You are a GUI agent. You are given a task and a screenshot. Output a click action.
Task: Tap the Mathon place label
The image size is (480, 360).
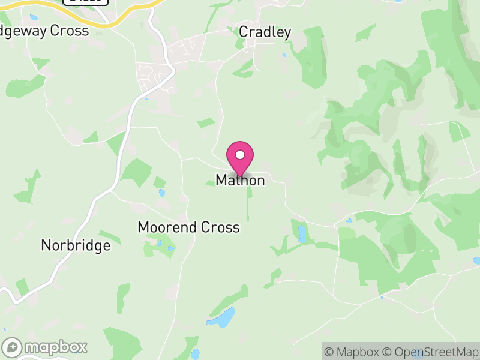(x=240, y=180)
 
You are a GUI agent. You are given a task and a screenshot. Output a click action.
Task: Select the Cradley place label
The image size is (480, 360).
(x=265, y=32)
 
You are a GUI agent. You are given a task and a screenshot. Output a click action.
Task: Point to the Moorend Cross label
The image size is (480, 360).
(x=188, y=227)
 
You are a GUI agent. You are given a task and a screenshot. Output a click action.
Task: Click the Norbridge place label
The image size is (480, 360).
(x=76, y=245)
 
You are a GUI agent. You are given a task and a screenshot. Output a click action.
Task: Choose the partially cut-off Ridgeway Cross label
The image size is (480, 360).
(x=44, y=31)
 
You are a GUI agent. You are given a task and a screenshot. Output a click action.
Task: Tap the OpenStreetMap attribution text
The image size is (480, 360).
(x=430, y=352)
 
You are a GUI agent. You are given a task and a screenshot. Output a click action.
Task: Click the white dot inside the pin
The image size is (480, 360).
(x=240, y=155)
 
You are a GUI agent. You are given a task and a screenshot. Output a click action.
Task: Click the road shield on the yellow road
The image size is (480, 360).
(x=85, y=2)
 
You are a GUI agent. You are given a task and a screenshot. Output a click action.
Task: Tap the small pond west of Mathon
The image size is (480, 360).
(x=161, y=193)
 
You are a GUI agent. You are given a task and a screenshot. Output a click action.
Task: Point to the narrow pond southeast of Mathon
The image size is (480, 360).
(x=302, y=233)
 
